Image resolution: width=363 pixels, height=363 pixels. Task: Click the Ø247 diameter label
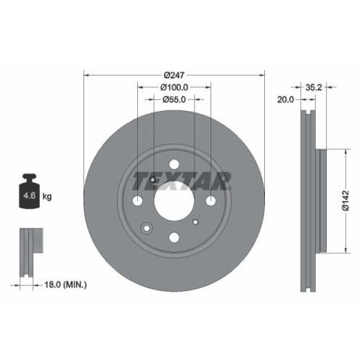coord(175,76)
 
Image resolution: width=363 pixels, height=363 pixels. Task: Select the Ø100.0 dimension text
coord(175,87)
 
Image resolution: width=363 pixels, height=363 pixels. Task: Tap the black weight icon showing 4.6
coord(30,193)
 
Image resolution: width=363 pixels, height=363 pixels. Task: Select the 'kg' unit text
coord(47,196)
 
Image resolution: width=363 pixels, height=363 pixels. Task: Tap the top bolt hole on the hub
coord(174,166)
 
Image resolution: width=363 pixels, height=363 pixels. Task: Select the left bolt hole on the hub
coord(139,201)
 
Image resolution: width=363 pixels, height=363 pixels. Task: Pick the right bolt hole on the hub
coord(210,201)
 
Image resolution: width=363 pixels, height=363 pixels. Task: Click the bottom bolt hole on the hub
coord(174,237)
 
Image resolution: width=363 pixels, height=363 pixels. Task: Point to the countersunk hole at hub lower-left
coord(147,229)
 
